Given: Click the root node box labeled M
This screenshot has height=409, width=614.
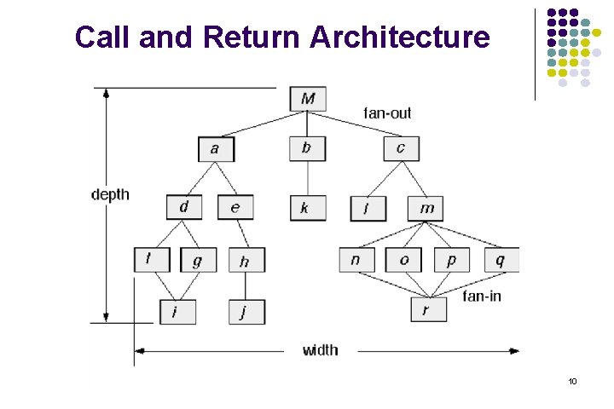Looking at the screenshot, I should (x=307, y=99).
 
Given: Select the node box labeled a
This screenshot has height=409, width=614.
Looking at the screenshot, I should (x=216, y=149).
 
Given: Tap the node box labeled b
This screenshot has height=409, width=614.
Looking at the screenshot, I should (x=307, y=148).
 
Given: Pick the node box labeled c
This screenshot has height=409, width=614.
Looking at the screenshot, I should (x=401, y=148).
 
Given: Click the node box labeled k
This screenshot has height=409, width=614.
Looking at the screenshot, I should (x=307, y=208).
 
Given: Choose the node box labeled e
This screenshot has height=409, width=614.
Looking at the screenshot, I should (x=235, y=207).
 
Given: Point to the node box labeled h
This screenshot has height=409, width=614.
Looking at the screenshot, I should (x=246, y=261).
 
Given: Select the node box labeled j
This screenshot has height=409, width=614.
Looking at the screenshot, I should (x=246, y=312).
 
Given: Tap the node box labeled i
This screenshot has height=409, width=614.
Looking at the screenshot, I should (x=177, y=312).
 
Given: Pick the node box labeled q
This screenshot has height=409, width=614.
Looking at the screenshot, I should (x=500, y=260).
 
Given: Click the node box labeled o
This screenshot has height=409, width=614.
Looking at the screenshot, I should (x=404, y=260).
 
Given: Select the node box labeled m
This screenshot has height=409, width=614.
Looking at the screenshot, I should (x=426, y=208).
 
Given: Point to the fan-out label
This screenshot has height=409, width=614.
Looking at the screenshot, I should (x=387, y=113).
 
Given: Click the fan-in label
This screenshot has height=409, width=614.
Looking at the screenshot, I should (x=481, y=296).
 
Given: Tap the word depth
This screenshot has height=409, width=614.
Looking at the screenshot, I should (x=110, y=194).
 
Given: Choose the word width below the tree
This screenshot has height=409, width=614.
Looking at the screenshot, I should (x=320, y=350).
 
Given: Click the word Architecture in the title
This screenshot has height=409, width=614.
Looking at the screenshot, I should (x=401, y=37).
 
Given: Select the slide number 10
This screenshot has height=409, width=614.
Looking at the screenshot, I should (x=573, y=381).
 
